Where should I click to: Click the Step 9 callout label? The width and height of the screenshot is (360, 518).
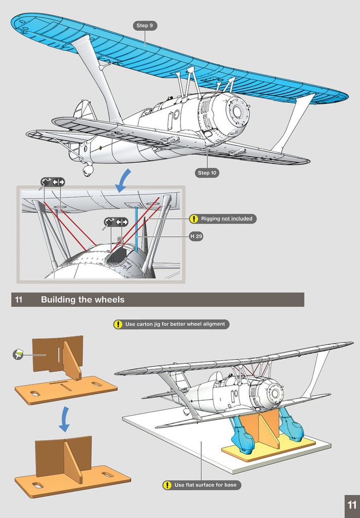tap(146, 25)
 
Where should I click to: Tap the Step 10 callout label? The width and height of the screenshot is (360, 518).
tap(207, 173)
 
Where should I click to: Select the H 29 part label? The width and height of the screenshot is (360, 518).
tap(196, 236)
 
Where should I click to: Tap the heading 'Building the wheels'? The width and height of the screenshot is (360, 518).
tap(82, 299)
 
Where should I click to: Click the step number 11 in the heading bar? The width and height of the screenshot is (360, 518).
tap(19, 299)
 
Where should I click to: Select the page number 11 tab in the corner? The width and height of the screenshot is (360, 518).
tap(352, 505)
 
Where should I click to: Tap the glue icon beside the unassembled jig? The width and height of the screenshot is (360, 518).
tap(18, 356)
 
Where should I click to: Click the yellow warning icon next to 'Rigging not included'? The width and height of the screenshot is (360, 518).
tap(194, 219)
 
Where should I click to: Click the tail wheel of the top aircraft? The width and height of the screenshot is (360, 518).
tap(87, 170)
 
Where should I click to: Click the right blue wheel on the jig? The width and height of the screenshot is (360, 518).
tap(293, 428)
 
